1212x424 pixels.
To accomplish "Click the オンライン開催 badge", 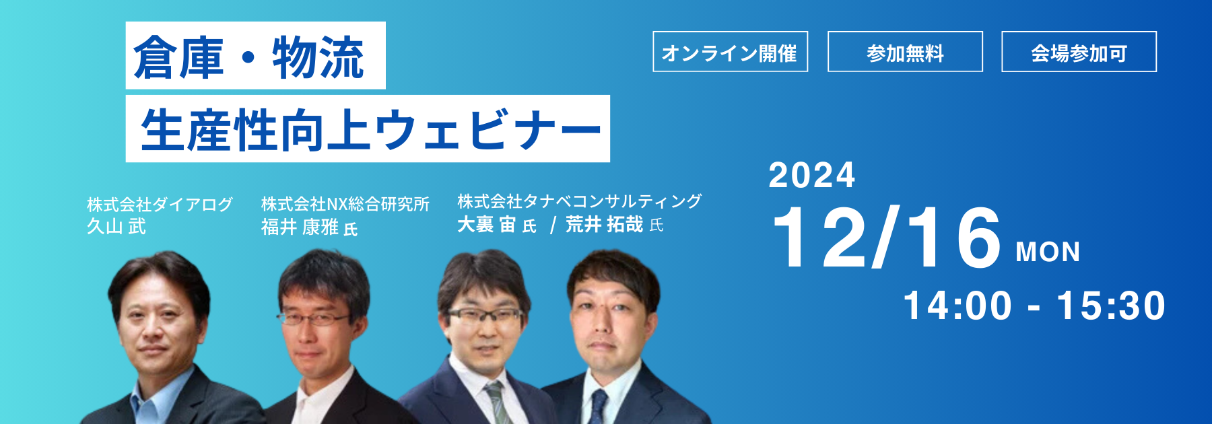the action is pyautogui.click(x=730, y=51).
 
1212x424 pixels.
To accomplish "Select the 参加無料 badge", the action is pyautogui.click(x=905, y=51).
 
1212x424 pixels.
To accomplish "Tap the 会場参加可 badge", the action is pyautogui.click(x=1079, y=51).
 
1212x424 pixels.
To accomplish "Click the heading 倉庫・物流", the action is pyautogui.click(x=249, y=57).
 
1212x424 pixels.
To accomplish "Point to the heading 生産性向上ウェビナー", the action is pyautogui.click(x=370, y=129).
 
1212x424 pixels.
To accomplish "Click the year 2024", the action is pyautogui.click(x=812, y=176).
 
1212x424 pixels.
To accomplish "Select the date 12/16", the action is pyautogui.click(x=887, y=238).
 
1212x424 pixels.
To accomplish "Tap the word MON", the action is pyautogui.click(x=1048, y=252).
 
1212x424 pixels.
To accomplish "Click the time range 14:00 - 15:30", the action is pyautogui.click(x=1034, y=306).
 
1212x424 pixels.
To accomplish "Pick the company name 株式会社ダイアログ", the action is pyautogui.click(x=160, y=204).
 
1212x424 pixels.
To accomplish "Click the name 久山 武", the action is pyautogui.click(x=116, y=226).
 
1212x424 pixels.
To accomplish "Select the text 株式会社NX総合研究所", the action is pyautogui.click(x=345, y=204).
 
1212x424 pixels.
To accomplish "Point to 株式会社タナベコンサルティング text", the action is pyautogui.click(x=580, y=201).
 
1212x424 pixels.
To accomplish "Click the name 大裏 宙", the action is pyautogui.click(x=486, y=224).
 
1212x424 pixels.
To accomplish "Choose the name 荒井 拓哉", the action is pyautogui.click(x=605, y=224).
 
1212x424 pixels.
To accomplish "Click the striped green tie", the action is pyautogui.click(x=496, y=402).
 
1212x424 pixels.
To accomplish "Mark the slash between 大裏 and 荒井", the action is pyautogui.click(x=553, y=225).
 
